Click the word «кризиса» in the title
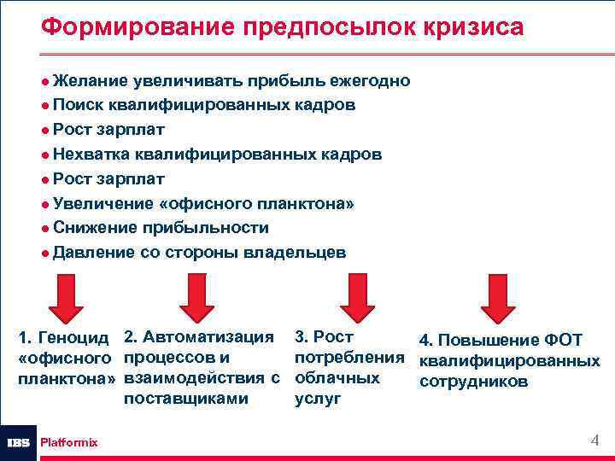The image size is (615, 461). tap(470, 27)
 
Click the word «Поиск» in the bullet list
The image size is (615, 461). tap(76, 105)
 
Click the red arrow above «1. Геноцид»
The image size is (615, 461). tap(65, 296)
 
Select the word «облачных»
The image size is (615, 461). tap(337, 377)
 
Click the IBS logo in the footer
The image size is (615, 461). tap(18, 442)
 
